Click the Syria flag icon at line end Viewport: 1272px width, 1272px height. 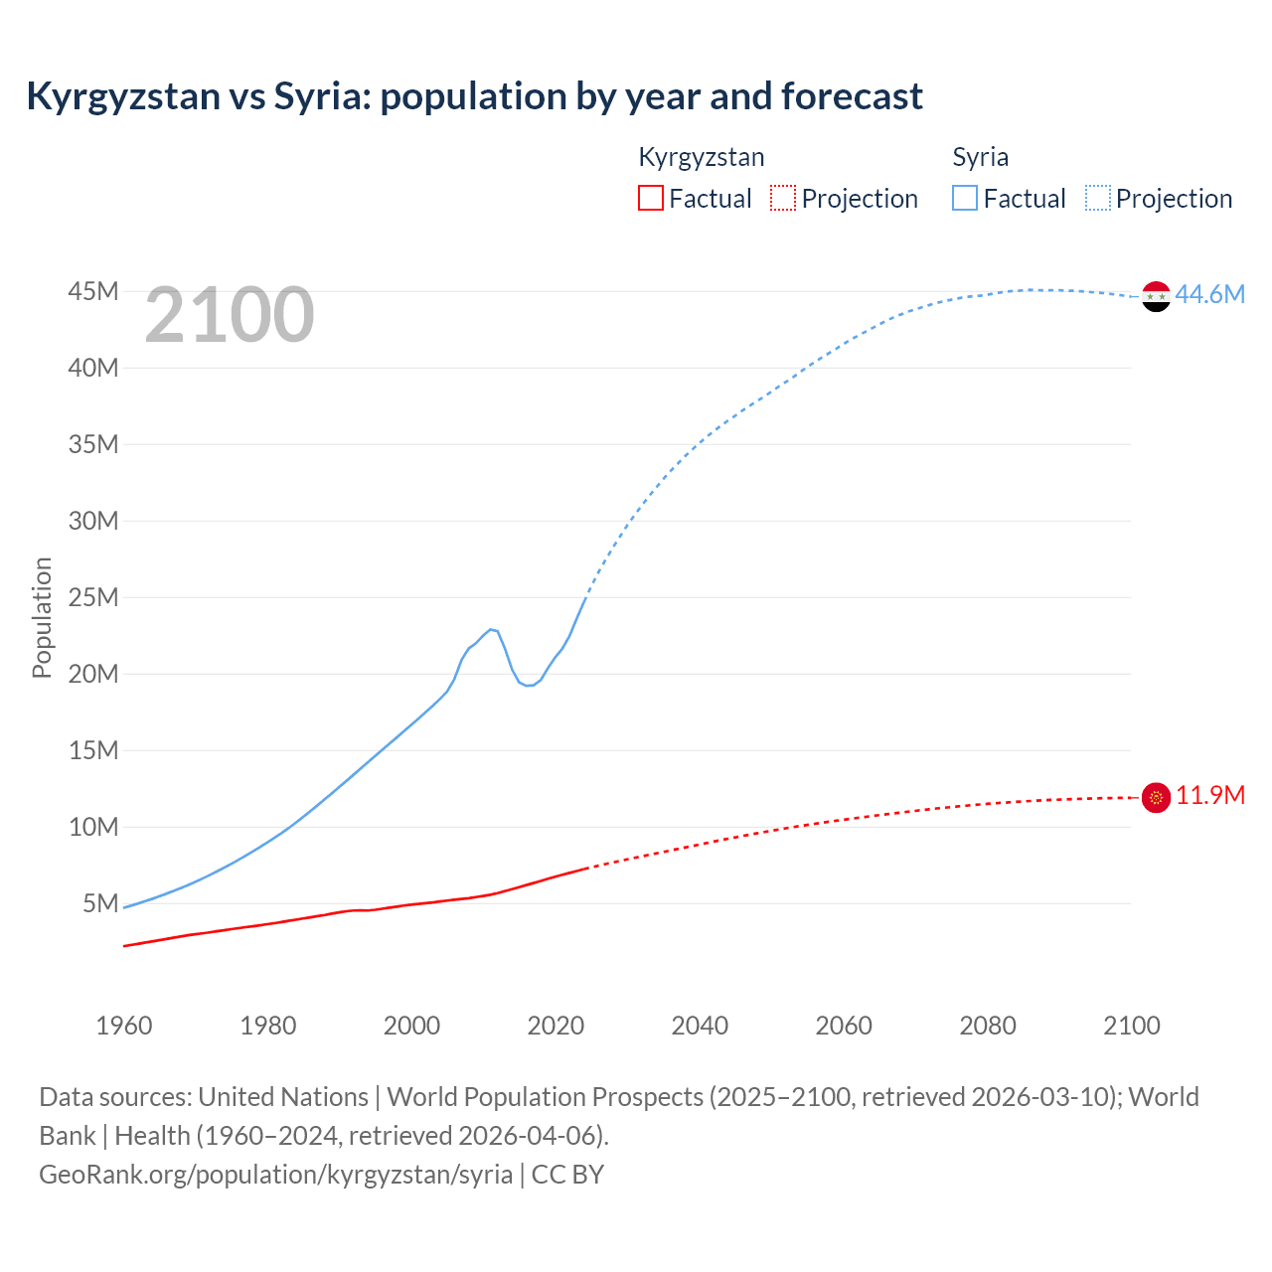1156,296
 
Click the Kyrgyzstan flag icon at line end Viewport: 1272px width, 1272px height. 1156,797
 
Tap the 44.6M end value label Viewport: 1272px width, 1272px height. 1209,294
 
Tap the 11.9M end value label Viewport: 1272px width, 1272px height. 1210,796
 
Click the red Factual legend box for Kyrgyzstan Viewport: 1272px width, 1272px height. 650,198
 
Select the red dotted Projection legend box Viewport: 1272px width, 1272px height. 782,198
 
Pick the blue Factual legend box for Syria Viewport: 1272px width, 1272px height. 964,198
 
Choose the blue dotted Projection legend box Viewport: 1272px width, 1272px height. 1097,198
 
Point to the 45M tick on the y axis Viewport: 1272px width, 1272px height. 93,291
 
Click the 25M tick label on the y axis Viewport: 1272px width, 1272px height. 93,597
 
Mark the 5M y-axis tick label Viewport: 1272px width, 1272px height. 100,903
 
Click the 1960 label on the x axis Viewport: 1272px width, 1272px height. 124,1026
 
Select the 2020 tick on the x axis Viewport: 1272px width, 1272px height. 556,1026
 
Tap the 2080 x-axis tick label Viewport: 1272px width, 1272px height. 988,1026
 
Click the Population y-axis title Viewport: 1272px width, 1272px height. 42,617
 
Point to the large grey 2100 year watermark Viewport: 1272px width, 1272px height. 230,315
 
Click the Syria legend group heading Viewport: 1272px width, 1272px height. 980,157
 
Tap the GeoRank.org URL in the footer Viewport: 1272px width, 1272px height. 275,1174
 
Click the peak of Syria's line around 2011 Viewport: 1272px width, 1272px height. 491,629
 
